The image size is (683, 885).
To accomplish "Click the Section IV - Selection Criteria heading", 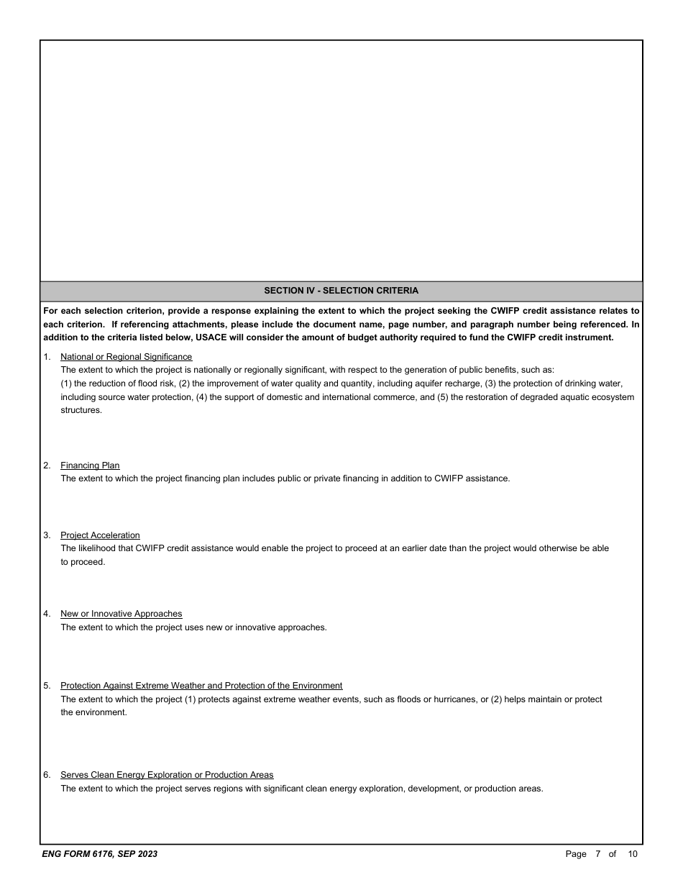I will (x=341, y=291).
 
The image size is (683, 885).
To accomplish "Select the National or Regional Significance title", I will (x=126, y=357).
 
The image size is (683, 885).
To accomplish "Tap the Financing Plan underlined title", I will (x=90, y=466).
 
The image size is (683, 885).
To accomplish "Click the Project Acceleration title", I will (x=100, y=535).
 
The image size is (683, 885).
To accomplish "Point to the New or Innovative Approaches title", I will (x=121, y=614).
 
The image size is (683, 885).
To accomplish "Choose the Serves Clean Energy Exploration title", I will (x=167, y=775).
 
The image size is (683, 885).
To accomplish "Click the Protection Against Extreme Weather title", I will (x=201, y=686).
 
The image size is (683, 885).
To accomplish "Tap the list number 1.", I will (x=47, y=357).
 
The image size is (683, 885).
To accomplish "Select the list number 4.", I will (x=47, y=614).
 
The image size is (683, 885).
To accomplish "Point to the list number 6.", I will (x=47, y=775).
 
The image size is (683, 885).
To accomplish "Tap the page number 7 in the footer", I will (x=597, y=854).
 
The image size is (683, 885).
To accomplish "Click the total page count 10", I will (x=633, y=854).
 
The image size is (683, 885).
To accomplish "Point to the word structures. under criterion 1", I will (x=81, y=410).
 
